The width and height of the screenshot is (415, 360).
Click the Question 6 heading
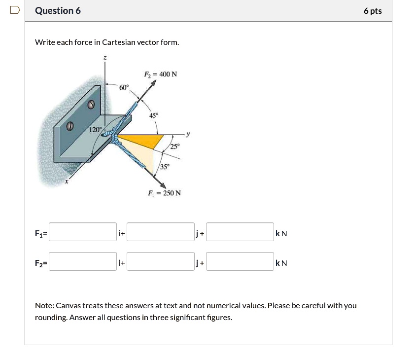(58, 11)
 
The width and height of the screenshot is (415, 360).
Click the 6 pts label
(373, 11)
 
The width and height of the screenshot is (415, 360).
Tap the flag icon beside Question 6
(15, 10)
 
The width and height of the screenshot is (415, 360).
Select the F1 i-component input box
(83, 232)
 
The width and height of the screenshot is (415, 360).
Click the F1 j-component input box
(161, 232)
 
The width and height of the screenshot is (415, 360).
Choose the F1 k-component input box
(240, 232)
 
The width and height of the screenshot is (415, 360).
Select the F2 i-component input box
(83, 262)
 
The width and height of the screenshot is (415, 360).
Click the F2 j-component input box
(161, 262)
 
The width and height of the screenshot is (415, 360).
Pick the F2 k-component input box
(240, 262)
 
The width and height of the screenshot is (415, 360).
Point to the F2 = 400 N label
(160, 74)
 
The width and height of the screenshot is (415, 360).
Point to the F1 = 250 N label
(164, 193)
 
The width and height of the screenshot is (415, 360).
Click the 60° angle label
(124, 87)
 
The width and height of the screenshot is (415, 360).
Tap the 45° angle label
(154, 115)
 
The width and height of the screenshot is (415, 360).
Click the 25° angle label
(175, 146)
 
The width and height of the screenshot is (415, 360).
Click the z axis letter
(104, 58)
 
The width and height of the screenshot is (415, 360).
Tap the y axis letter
(187, 134)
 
